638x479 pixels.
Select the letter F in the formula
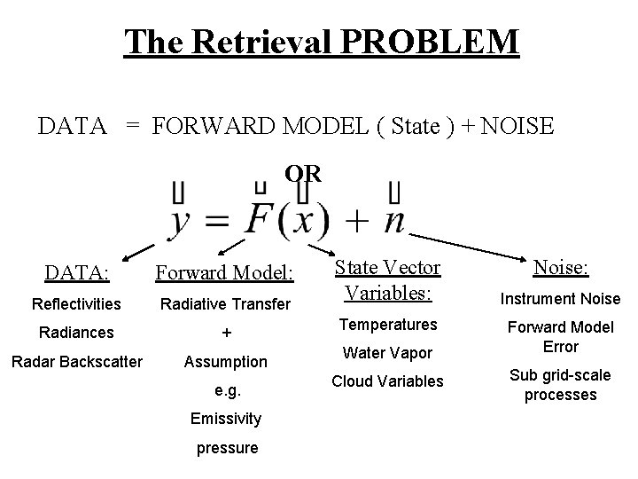coord(260,216)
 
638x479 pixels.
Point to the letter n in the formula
coord(393,219)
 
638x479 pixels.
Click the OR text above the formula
coord(302,172)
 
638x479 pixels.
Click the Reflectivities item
coord(76,304)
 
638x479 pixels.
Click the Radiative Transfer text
coord(225,304)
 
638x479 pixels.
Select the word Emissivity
coord(226,418)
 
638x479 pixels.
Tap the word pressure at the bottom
coord(227,447)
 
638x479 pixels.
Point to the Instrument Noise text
coord(560,299)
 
